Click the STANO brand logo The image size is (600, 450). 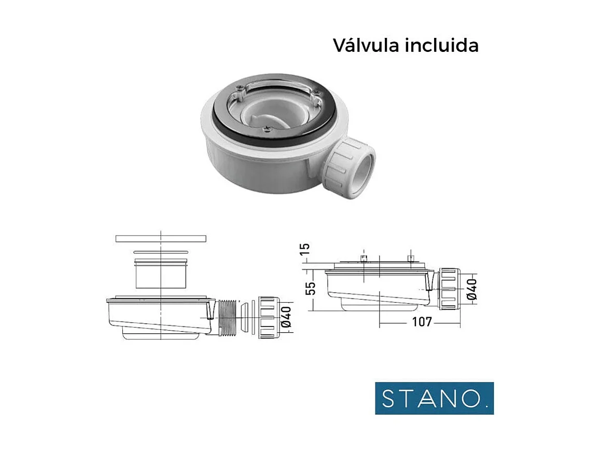tap(434, 398)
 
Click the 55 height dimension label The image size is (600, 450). tap(311, 289)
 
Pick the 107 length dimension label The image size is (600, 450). tap(422, 322)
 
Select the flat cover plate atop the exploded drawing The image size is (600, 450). tap(161, 238)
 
